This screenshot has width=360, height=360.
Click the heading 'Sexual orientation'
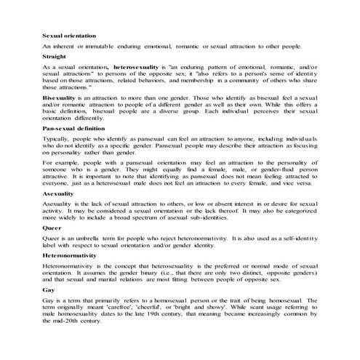click(x=69, y=36)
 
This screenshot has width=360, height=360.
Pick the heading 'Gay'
click(x=48, y=289)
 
